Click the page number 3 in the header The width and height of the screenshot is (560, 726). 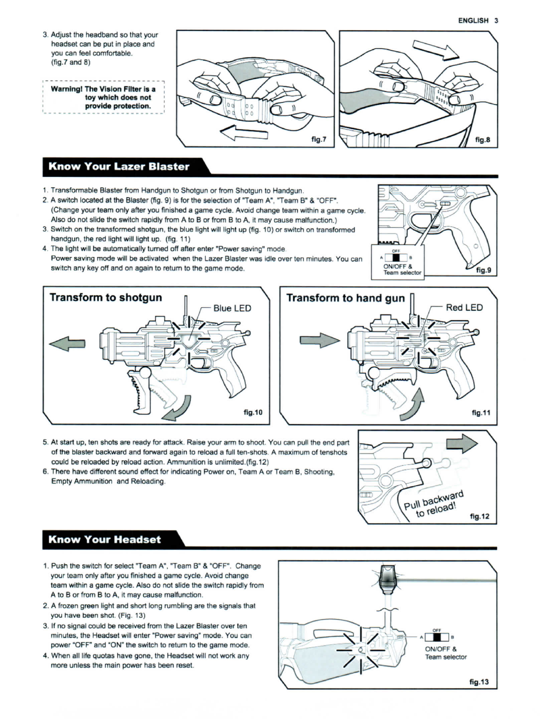496,20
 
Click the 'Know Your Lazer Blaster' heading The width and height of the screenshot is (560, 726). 119,167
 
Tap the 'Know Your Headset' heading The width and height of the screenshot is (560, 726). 105,540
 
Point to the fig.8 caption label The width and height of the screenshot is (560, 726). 483,139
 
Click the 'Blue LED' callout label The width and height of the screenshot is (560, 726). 232,308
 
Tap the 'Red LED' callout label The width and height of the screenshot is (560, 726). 464,307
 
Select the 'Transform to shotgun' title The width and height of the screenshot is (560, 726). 106,298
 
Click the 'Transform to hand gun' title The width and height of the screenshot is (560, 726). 345,298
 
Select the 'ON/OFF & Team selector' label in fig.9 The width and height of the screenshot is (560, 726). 402,269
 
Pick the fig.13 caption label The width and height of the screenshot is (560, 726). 479,681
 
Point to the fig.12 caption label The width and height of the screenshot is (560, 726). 479,516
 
